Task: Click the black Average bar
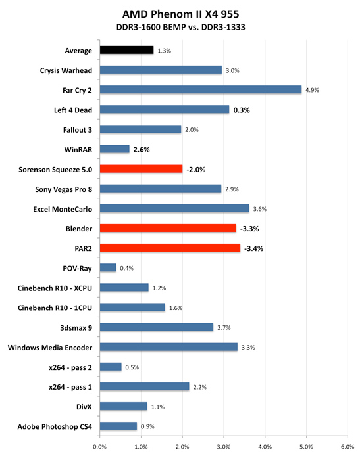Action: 126,50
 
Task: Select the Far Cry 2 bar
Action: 201,89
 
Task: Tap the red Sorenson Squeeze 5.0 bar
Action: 141,169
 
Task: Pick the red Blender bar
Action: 168,228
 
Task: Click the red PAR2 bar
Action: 170,248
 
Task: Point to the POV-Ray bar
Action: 108,268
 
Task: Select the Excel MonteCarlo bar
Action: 174,208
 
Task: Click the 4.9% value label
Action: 312,90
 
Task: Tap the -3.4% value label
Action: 253,248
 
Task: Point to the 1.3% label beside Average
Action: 164,51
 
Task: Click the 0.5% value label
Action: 132,367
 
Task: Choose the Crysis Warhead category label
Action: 66,70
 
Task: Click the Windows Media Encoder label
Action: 50,348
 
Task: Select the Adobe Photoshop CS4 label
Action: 55,426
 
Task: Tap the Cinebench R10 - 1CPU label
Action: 55,308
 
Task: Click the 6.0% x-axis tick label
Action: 348,447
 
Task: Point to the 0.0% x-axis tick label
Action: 99,447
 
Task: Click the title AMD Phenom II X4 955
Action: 180,14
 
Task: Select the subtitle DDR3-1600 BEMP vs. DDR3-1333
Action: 181,27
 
